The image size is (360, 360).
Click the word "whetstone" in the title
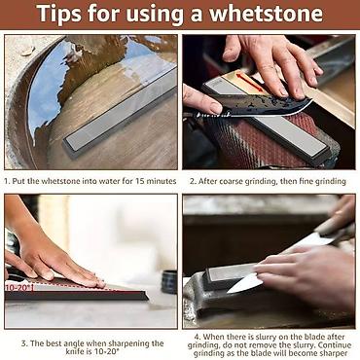[x=267, y=14]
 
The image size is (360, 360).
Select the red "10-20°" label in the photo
[x=19, y=287]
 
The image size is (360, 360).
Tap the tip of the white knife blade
[x=228, y=292]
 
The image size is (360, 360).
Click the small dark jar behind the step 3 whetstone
[x=169, y=281]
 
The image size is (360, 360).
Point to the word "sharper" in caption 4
[x=336, y=353]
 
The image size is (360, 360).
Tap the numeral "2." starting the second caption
[x=193, y=181]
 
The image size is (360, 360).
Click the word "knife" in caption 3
[x=75, y=352]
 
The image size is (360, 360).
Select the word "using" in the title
[x=155, y=15]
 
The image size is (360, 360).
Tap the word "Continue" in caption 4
[x=336, y=344]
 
